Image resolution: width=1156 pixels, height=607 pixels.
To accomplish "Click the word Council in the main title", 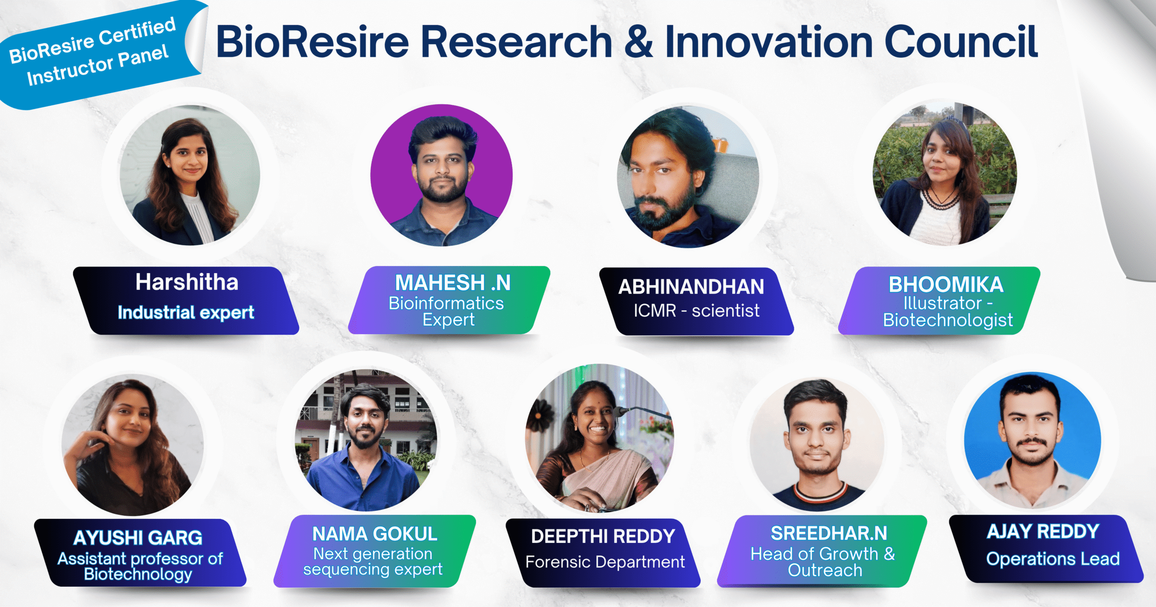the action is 961,42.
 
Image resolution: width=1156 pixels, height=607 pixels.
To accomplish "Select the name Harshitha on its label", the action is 187,282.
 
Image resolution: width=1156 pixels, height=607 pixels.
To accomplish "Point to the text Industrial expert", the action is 186,312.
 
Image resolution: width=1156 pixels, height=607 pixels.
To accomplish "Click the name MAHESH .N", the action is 453,283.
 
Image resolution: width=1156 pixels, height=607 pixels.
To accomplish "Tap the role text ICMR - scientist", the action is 696,311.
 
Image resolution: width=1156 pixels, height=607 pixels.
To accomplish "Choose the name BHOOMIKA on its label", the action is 946,285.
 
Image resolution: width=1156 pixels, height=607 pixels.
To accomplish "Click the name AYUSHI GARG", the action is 138,538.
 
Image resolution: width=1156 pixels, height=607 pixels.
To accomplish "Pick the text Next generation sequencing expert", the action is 373,561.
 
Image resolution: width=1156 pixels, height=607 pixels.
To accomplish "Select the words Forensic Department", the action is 605,562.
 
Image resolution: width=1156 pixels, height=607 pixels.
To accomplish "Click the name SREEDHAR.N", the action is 829,533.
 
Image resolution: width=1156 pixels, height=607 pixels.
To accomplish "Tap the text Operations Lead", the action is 1053,559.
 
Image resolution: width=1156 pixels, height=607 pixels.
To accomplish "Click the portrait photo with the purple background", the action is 442,175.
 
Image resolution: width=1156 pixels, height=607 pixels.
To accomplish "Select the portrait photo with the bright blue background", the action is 1033,440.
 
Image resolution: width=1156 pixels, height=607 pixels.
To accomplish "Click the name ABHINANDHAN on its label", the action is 691,287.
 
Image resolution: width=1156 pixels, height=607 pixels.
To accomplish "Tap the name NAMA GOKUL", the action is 375,534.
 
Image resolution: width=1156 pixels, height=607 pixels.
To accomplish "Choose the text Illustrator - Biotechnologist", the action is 948,311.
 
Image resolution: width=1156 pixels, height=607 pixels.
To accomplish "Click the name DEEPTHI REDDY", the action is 603,537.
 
